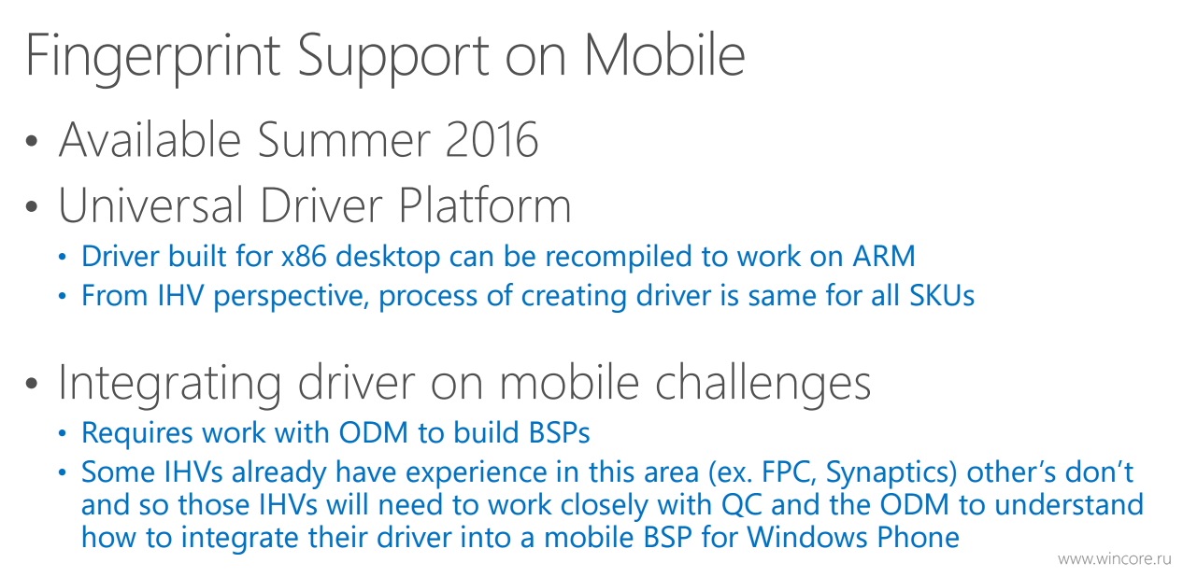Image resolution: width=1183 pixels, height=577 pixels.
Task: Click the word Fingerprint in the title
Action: pyautogui.click(x=153, y=57)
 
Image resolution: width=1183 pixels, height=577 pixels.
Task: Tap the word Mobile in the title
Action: pyautogui.click(x=665, y=55)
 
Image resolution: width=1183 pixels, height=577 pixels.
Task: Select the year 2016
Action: pyautogui.click(x=492, y=139)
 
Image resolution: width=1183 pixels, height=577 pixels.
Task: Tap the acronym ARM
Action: pyautogui.click(x=884, y=257)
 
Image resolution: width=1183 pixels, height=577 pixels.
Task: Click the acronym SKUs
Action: pyautogui.click(x=942, y=296)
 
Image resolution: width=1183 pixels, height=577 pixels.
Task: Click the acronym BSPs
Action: pyautogui.click(x=560, y=433)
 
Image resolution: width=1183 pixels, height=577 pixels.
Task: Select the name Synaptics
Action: pyautogui.click(x=891, y=473)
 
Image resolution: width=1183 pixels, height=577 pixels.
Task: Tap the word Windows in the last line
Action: pyautogui.click(x=807, y=538)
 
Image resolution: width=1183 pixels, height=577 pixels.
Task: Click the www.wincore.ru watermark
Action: pyautogui.click(x=1115, y=559)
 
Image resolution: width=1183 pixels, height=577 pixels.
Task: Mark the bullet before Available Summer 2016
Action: pyautogui.click(x=32, y=141)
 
